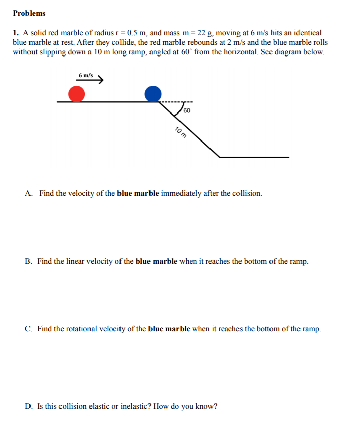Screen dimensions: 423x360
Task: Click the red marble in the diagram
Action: point(76,94)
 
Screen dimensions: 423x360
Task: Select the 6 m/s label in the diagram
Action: point(85,75)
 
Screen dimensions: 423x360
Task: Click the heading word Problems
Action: point(29,13)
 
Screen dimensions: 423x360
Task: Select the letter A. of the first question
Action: point(29,193)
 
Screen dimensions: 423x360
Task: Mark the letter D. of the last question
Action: point(29,406)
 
